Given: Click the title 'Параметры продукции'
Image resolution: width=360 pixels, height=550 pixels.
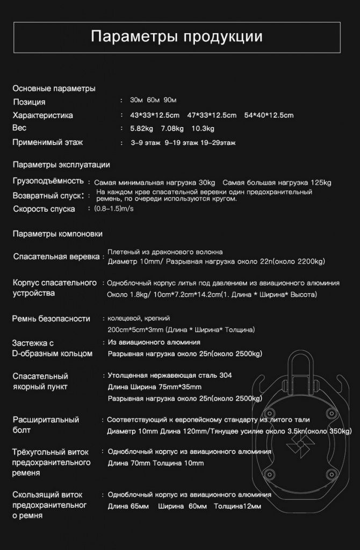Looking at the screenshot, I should click(x=176, y=37).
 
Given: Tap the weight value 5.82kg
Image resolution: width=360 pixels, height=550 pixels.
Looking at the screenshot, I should click(x=142, y=128).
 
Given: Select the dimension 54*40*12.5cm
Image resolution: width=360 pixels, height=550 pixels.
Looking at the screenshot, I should click(x=269, y=115).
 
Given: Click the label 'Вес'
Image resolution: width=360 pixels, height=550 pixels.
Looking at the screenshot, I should click(x=19, y=128).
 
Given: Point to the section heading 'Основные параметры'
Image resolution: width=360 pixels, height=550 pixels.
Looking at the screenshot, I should click(x=54, y=88).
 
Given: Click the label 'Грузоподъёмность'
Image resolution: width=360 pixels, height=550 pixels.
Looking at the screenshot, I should click(x=48, y=180).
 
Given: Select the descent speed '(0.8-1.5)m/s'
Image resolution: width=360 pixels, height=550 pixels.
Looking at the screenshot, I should click(x=113, y=208).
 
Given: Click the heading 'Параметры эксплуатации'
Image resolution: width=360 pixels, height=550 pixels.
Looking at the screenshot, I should click(x=61, y=164).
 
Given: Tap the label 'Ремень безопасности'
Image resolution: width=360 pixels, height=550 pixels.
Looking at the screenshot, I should click(x=51, y=319).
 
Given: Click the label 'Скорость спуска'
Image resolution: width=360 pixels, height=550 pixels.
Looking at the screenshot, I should click(x=44, y=209).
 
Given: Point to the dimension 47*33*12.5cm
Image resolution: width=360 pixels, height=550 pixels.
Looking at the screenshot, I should click(x=212, y=115).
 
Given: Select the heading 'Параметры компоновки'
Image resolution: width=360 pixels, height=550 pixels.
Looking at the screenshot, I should click(x=57, y=234).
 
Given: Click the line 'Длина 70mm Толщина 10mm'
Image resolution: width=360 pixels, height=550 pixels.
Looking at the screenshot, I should click(x=156, y=462).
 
